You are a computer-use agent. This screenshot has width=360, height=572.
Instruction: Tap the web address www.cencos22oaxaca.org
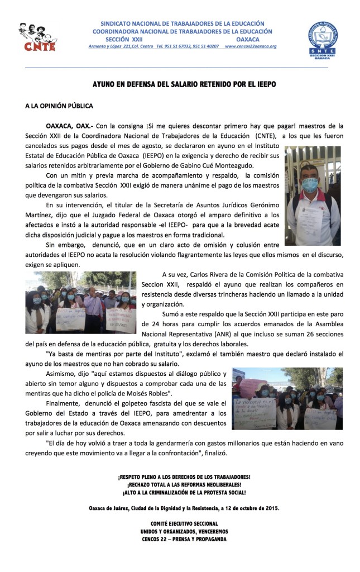pyautogui.click(x=251, y=46)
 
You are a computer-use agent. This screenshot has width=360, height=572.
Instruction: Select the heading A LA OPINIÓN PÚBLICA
pyautogui.click(x=59, y=106)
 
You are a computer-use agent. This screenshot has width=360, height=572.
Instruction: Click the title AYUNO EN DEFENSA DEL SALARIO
pyautogui.click(x=184, y=84)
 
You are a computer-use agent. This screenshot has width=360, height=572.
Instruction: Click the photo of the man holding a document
pyautogui.click(x=313, y=196)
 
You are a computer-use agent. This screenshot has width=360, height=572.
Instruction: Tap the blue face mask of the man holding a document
pyautogui.click(x=310, y=184)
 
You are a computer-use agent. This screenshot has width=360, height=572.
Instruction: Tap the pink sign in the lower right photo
pyautogui.click(x=254, y=385)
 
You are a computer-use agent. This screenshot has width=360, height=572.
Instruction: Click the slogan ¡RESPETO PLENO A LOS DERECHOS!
pyautogui.click(x=184, y=477)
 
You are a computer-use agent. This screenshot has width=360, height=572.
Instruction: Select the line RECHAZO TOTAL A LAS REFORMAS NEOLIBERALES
pyautogui.click(x=184, y=485)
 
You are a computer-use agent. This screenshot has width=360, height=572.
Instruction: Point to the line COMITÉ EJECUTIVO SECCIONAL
pyautogui.click(x=184, y=523)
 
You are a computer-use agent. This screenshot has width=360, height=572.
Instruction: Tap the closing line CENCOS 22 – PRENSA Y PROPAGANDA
pyautogui.click(x=184, y=539)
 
